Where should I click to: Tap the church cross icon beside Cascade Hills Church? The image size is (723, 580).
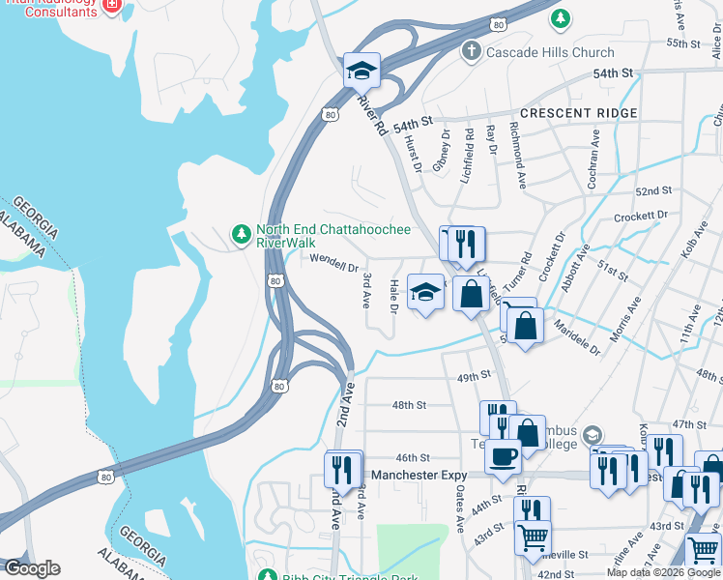pyautogui.click(x=471, y=51)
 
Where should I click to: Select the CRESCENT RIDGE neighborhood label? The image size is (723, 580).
pyautogui.click(x=578, y=113)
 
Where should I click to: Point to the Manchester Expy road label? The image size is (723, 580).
pyautogui.click(x=419, y=476)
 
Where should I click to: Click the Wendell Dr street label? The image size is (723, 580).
pyautogui.click(x=334, y=259)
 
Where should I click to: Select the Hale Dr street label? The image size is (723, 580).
pyautogui.click(x=393, y=297)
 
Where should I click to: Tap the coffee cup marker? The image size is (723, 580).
pyautogui.click(x=502, y=455)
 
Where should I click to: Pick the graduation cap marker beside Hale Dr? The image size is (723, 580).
pyautogui.click(x=425, y=293)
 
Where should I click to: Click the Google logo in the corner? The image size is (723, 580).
pyautogui.click(x=31, y=568)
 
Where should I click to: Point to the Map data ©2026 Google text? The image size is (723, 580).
pyautogui.click(x=663, y=572)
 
